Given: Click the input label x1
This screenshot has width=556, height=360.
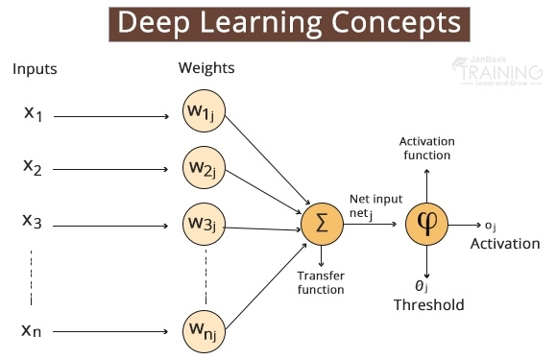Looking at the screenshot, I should [x=34, y=113].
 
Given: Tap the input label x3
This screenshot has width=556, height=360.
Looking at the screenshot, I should [x=34, y=221].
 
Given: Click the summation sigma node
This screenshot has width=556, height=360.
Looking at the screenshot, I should [x=321, y=224].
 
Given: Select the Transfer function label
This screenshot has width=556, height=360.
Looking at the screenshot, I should [x=321, y=281].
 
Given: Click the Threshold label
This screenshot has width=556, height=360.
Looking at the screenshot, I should [x=428, y=305].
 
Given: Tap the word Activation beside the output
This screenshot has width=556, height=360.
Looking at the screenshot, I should [x=504, y=244].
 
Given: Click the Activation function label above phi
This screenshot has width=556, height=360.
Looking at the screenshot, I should [x=424, y=147].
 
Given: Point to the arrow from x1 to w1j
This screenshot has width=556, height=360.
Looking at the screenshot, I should [x=115, y=114].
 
